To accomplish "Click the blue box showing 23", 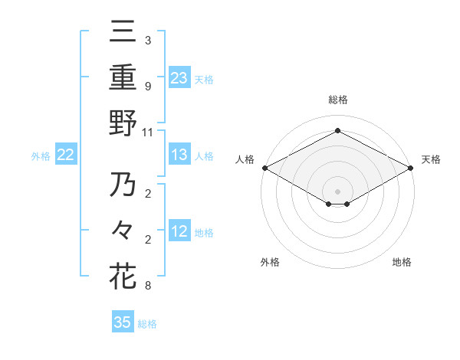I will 179,77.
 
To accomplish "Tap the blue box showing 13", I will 179,155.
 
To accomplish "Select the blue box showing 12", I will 179,232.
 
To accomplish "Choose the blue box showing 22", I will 66,155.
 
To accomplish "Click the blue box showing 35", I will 123,322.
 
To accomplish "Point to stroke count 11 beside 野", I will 148,132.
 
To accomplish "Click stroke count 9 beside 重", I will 147,87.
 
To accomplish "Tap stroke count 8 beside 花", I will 147,286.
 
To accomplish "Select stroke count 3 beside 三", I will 147,41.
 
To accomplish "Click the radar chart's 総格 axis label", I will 337,100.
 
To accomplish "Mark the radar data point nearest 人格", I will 264,168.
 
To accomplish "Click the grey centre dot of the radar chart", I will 337,191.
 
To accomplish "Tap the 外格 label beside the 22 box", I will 41,156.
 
